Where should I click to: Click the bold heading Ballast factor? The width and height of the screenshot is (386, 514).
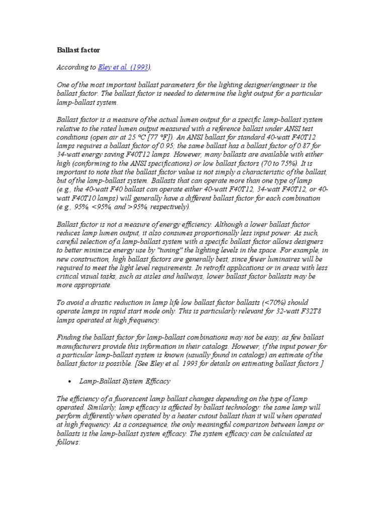tap(78, 50)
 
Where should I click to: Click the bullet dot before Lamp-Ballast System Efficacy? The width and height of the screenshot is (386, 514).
tap(68, 381)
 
